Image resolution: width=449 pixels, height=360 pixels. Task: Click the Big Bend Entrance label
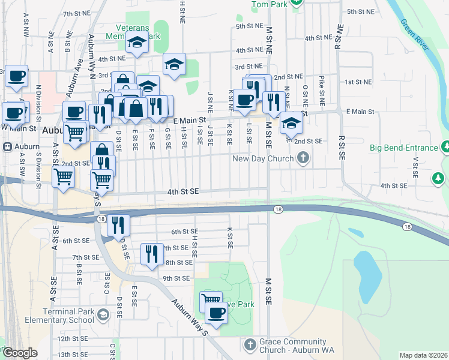pos(403,148)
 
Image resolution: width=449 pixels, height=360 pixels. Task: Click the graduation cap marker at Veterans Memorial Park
pos(137,44)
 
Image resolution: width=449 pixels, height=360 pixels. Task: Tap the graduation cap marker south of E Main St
pos(291,123)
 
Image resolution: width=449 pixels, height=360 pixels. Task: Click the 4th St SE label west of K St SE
pos(182,191)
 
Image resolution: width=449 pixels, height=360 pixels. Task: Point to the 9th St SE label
pos(176,278)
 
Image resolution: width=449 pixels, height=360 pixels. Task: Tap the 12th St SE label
pos(72,338)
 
